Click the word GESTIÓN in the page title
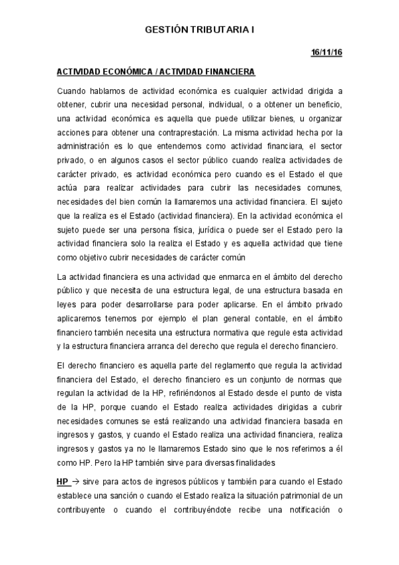(x=163, y=30)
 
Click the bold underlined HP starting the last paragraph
(x=64, y=480)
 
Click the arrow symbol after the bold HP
(x=76, y=480)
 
